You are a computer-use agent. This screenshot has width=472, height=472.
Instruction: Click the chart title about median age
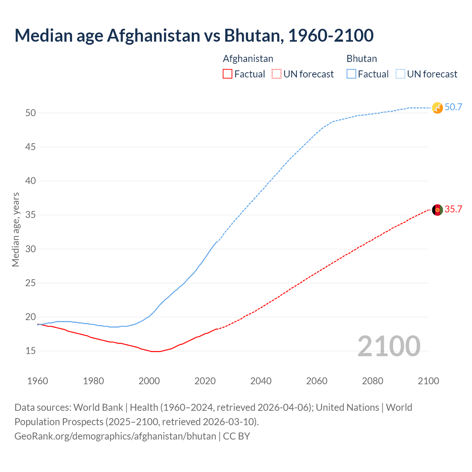(x=194, y=35)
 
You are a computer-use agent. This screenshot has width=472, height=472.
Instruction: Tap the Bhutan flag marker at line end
(x=437, y=108)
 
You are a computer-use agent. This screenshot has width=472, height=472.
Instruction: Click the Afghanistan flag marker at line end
(x=437, y=210)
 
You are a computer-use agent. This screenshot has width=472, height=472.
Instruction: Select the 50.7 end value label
(x=453, y=107)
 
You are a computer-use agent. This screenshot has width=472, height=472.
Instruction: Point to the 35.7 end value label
(x=453, y=209)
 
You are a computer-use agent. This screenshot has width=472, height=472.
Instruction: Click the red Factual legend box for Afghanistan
(x=228, y=74)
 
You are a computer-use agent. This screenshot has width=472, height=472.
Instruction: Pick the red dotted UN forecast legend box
(x=277, y=74)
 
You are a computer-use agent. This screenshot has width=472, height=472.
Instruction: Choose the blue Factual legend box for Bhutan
(x=351, y=74)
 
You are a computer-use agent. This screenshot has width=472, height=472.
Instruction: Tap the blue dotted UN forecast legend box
(x=400, y=74)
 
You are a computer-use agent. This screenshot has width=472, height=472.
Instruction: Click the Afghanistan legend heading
(x=248, y=59)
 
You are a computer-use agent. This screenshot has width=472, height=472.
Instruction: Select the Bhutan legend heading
(x=361, y=59)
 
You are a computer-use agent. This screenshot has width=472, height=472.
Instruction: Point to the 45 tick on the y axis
(x=31, y=147)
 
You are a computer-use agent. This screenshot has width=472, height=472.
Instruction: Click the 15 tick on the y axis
(x=31, y=351)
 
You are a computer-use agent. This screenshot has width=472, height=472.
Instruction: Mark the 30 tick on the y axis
(x=31, y=249)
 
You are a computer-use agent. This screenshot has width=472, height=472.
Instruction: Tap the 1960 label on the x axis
(x=38, y=381)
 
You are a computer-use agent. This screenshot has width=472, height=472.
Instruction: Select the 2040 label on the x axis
(x=261, y=381)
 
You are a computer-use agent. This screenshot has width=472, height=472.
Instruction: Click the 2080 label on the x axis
(x=372, y=381)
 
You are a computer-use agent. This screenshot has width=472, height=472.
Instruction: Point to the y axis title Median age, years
(x=15, y=229)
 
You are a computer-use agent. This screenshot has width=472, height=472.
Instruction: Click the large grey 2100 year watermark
(x=389, y=346)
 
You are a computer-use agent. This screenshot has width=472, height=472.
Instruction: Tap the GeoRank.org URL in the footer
(x=115, y=436)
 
